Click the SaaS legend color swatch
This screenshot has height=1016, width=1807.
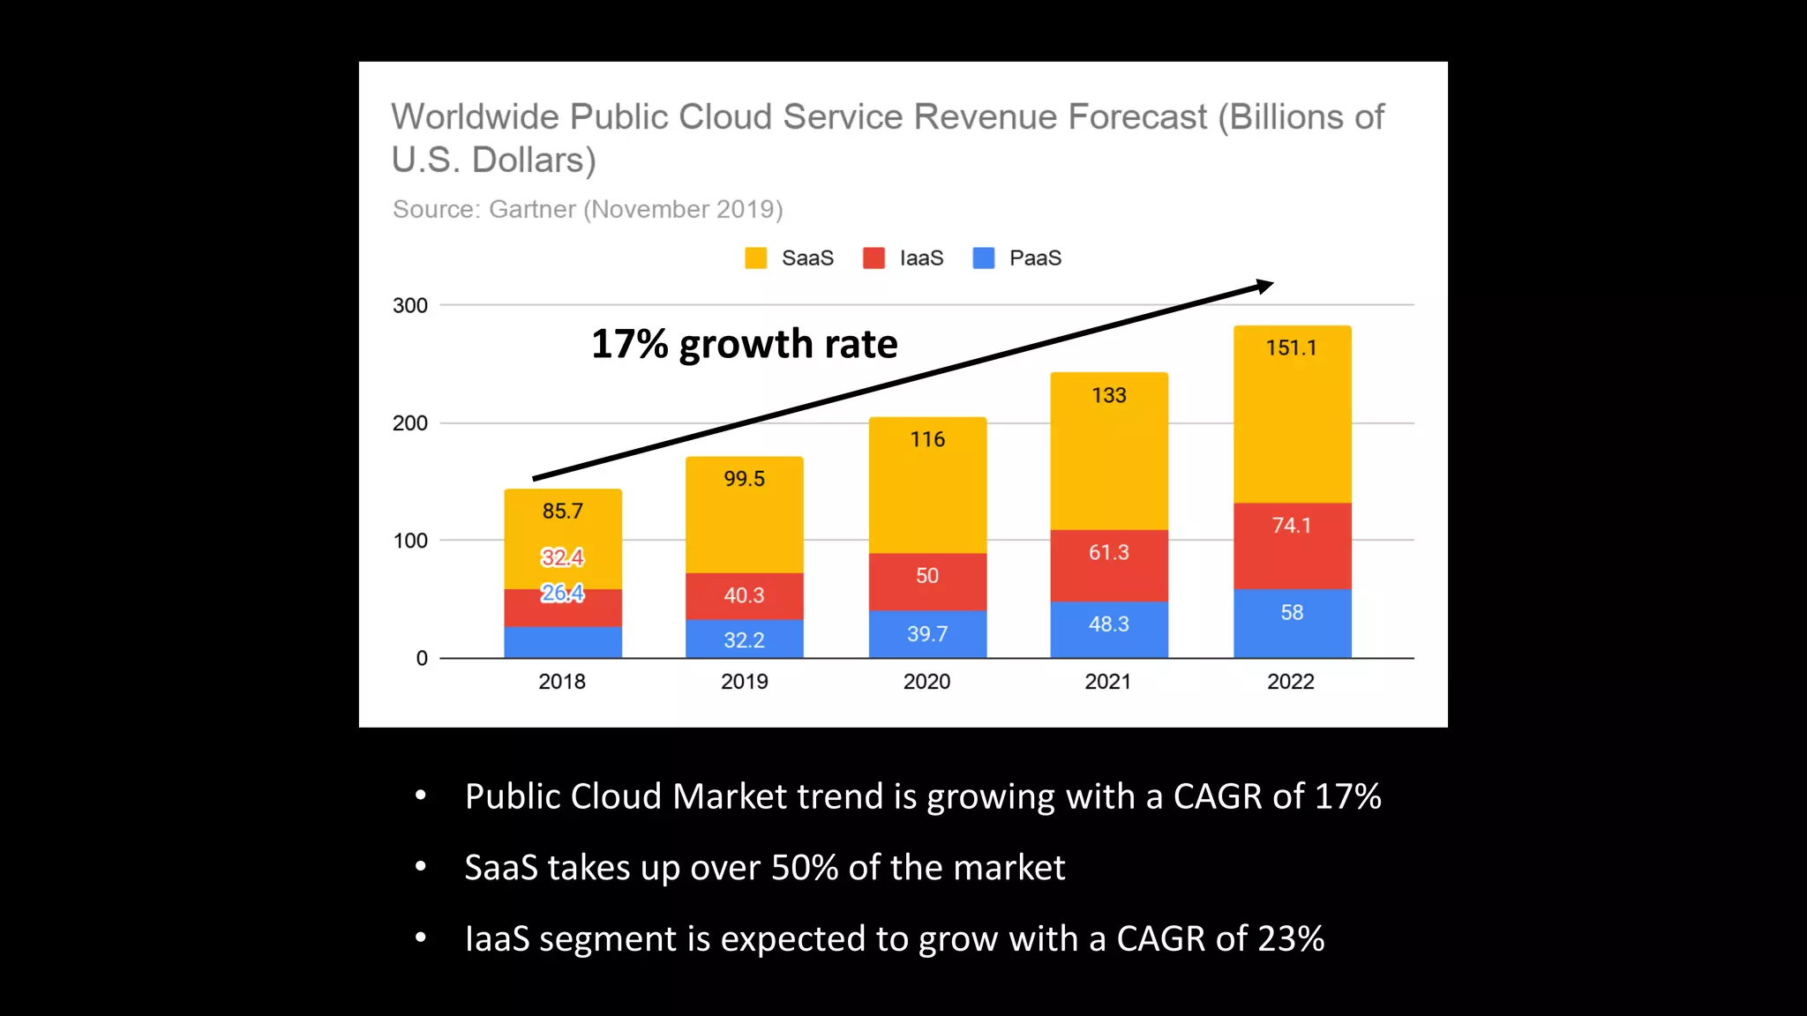tap(755, 258)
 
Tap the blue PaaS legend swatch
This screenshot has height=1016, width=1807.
tap(983, 258)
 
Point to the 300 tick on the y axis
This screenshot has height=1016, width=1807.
tap(409, 305)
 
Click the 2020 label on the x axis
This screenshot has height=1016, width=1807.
tap(926, 681)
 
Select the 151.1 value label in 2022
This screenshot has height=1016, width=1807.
tap(1291, 347)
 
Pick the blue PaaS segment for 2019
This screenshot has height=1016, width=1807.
tap(744, 639)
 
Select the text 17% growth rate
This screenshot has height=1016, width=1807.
tap(744, 344)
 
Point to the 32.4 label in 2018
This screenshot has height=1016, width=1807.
tap(562, 557)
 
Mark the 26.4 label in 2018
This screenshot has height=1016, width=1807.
tap(562, 593)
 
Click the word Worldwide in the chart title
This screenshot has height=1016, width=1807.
tap(475, 116)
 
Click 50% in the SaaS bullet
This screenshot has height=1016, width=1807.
tap(804, 868)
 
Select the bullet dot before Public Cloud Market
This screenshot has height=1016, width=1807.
tap(421, 796)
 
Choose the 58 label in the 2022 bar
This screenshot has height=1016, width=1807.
tap(1292, 612)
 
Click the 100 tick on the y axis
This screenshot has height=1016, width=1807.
tap(409, 541)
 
